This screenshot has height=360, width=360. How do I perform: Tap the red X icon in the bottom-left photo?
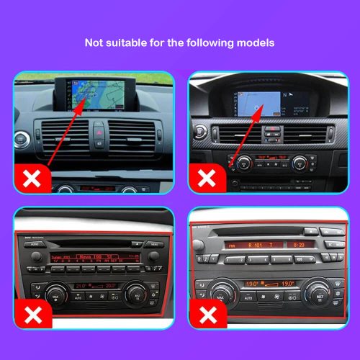click(32, 315)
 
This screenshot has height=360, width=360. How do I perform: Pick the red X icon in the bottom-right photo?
click(207, 315)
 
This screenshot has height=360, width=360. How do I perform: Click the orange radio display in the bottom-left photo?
click(90, 257)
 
